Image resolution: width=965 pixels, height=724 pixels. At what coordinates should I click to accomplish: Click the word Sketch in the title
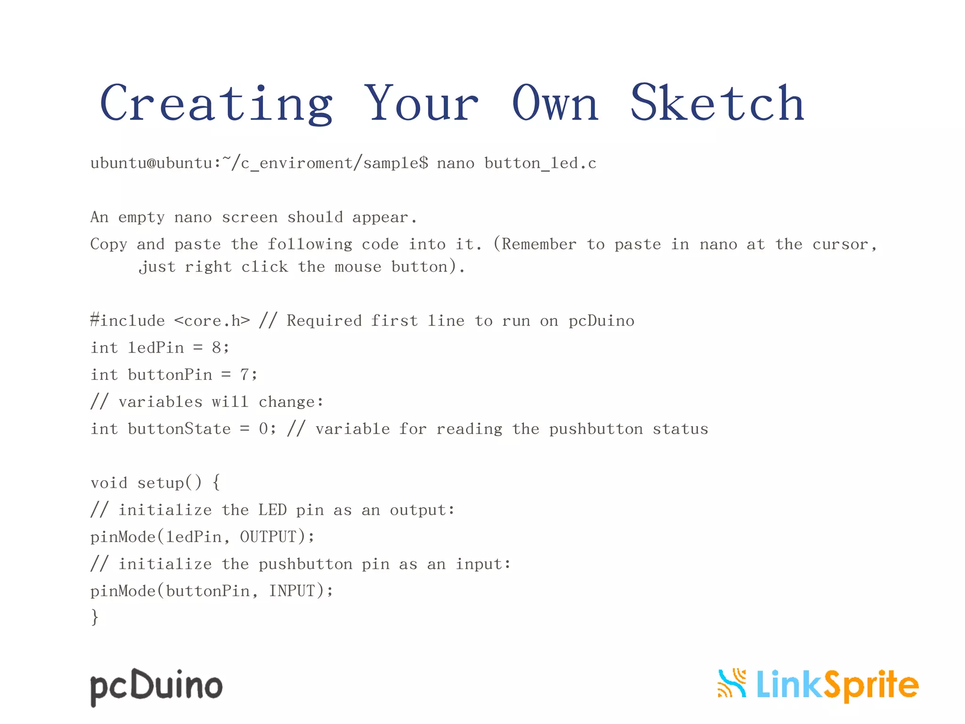[x=717, y=103]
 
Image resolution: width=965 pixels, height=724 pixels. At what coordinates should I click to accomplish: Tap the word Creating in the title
[x=217, y=103]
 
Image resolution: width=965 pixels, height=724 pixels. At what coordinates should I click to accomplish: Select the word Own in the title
[x=555, y=103]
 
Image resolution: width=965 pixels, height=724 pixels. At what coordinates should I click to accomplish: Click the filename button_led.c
[x=540, y=163]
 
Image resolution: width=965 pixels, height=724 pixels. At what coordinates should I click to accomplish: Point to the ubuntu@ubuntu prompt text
[x=151, y=163]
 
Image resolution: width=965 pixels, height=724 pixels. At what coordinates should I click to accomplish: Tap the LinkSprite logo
[x=818, y=684]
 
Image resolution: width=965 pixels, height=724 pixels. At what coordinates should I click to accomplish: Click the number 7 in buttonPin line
[x=245, y=375]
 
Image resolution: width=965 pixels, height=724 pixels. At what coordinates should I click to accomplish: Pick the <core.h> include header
[x=212, y=321]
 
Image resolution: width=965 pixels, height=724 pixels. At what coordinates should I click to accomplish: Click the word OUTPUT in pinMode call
[x=268, y=537]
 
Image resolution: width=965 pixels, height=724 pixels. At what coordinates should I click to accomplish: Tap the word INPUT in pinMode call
[x=292, y=591]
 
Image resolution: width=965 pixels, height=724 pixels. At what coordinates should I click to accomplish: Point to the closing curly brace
[x=95, y=617]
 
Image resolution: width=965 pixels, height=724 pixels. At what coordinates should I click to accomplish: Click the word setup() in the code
[x=170, y=483]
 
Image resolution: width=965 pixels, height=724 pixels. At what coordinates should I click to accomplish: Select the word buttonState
[x=179, y=429]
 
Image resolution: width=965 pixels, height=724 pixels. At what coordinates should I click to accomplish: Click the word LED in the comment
[x=272, y=510]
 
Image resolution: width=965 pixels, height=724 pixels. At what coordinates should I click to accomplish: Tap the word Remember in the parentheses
[x=539, y=244]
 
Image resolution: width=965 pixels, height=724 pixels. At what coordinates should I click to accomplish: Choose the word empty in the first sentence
[x=141, y=217]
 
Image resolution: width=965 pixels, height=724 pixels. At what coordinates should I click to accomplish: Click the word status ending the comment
[x=680, y=429]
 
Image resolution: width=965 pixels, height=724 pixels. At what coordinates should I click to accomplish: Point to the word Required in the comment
[x=324, y=321]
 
